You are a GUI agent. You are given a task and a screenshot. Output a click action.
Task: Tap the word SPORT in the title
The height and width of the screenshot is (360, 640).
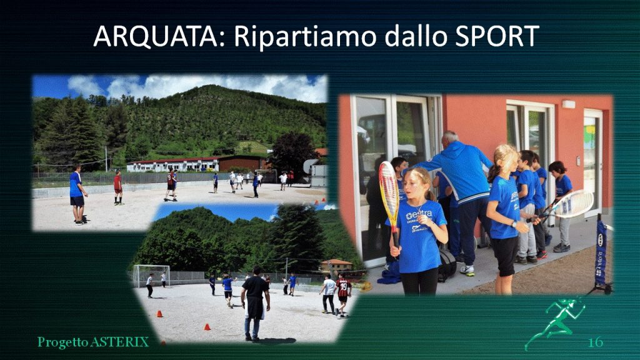click(x=496, y=36)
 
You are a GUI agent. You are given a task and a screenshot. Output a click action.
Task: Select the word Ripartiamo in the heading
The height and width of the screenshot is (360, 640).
click(x=305, y=37)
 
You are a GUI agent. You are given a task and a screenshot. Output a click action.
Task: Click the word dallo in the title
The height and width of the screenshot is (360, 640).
click(x=415, y=36)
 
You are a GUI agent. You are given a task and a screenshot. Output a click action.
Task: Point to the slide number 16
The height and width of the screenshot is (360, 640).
click(x=595, y=342)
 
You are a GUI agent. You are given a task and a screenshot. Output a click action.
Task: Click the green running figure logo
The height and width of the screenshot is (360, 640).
click(x=555, y=322)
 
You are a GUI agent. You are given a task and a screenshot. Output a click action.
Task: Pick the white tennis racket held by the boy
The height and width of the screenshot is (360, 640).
click(x=569, y=205)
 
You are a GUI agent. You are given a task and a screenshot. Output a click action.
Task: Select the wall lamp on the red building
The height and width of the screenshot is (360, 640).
click(x=569, y=104)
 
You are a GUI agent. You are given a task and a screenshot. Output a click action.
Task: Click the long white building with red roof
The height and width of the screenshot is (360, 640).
click(x=173, y=164)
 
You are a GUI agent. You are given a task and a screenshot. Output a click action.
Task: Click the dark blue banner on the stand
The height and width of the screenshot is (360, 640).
click(x=601, y=252)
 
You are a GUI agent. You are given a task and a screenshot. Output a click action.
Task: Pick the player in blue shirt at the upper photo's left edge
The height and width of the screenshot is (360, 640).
click(x=77, y=194)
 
